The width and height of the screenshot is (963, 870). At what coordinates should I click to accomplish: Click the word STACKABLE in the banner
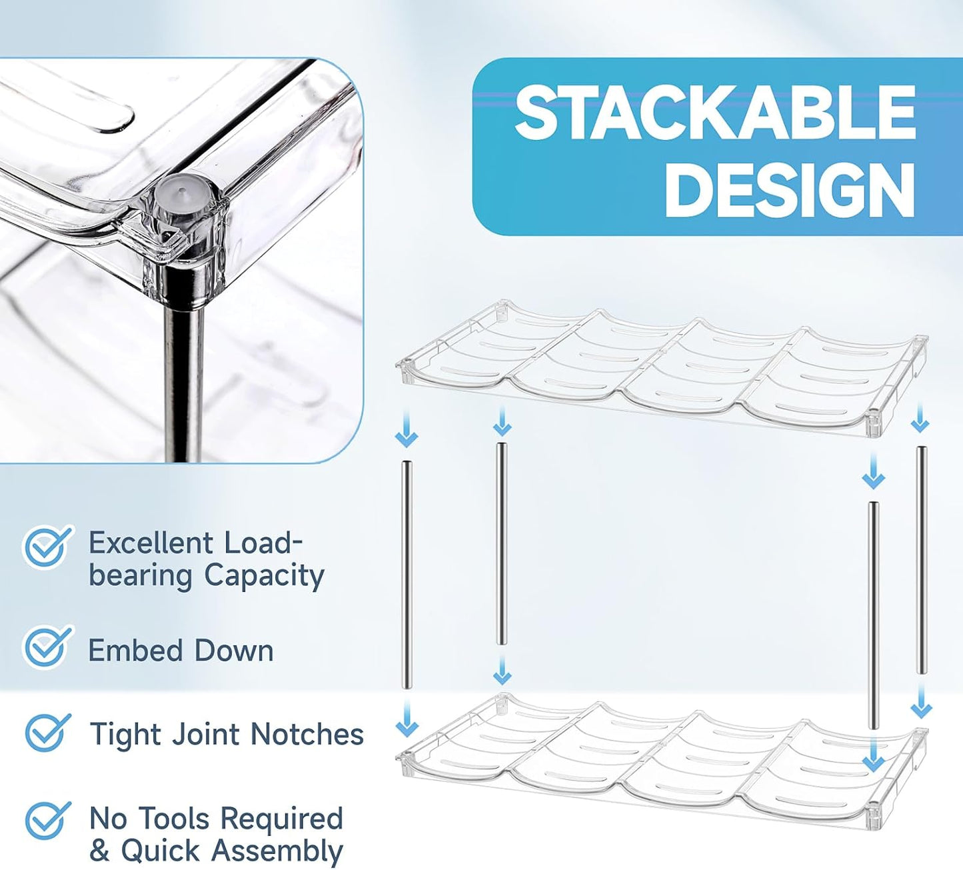715,113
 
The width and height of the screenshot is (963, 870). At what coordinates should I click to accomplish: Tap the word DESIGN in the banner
790,190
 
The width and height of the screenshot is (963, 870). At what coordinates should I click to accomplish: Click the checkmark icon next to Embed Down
47,647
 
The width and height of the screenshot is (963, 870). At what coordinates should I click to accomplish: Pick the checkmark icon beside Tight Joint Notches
47,732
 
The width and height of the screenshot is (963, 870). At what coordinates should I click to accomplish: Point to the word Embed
136,651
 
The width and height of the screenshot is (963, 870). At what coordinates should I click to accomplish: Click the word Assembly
277,852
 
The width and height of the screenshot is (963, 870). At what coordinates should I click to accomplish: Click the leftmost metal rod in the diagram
407,575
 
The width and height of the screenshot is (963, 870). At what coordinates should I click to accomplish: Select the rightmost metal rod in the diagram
921,560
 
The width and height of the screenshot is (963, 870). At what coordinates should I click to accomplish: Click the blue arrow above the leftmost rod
407,429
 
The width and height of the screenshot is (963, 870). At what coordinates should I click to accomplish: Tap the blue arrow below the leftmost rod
407,719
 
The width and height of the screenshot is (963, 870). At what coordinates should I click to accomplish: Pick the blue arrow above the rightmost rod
920,417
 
